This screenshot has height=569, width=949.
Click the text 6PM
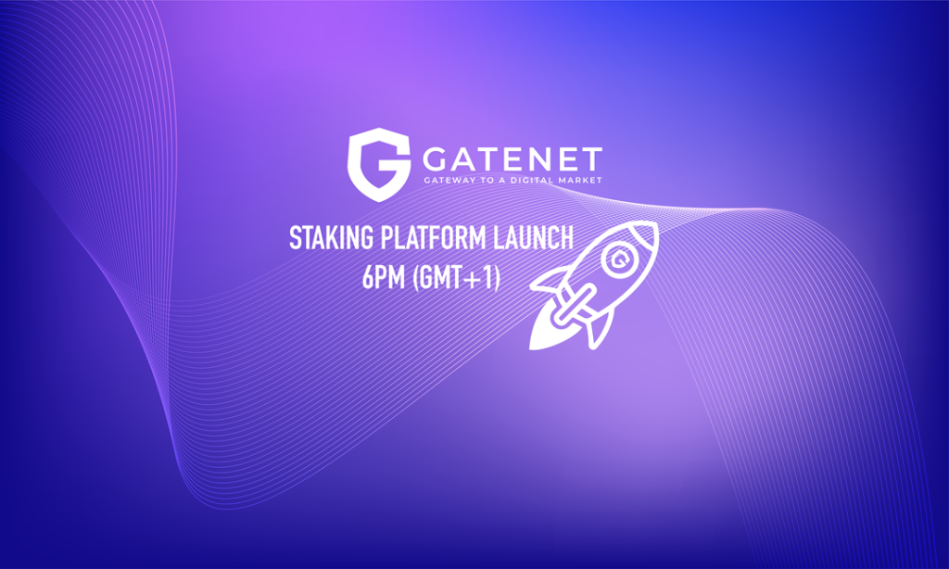point(371,277)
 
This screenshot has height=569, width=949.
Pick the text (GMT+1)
point(451,277)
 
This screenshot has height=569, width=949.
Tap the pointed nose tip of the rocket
point(651,228)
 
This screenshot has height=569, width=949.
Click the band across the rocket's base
point(577,300)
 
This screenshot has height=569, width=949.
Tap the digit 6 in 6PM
point(357,277)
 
